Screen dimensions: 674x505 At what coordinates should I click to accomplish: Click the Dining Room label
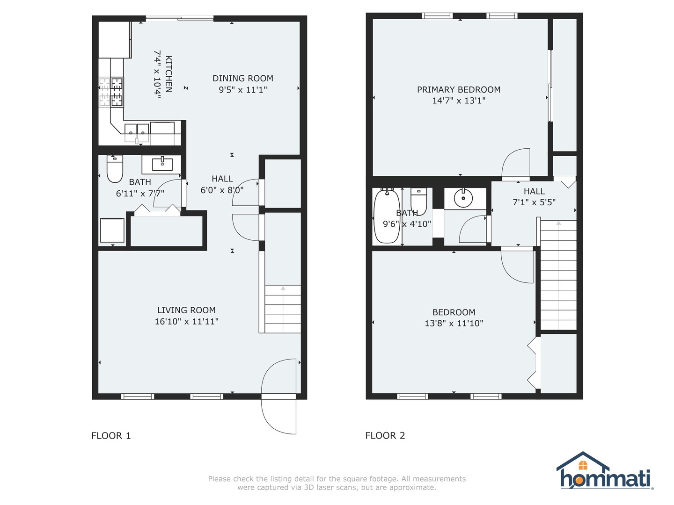242,79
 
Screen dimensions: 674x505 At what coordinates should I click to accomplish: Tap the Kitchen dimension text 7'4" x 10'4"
157,74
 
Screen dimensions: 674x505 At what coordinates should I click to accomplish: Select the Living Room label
186,310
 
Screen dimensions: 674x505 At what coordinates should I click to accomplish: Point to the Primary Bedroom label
458,90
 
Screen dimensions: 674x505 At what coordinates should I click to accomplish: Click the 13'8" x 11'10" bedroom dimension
454,324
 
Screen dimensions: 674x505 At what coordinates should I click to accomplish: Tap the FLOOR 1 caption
111,436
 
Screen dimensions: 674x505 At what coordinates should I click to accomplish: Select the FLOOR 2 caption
385,435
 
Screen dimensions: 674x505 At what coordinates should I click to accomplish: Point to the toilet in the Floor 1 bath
115,168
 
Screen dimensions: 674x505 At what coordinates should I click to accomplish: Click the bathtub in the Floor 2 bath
387,216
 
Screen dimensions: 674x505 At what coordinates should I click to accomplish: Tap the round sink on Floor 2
463,198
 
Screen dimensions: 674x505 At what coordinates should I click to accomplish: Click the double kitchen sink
136,133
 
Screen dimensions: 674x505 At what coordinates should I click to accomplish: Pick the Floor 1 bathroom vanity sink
162,164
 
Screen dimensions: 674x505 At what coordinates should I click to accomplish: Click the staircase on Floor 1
283,309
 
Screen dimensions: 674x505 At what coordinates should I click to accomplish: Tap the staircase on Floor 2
558,275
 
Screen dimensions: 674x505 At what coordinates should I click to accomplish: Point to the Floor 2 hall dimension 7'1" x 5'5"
534,202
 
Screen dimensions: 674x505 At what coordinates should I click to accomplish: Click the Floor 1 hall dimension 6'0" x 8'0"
222,190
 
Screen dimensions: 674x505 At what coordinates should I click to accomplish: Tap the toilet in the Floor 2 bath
419,202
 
